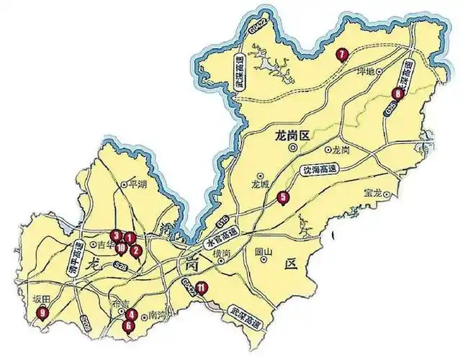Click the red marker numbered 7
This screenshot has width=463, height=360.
(x=342, y=52)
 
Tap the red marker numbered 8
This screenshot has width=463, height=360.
(x=397, y=94)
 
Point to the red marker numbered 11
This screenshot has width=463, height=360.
(x=202, y=289)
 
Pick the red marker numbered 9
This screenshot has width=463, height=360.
(x=43, y=312)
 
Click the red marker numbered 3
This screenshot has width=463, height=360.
(x=115, y=234)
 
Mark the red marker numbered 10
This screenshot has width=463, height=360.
(x=121, y=248)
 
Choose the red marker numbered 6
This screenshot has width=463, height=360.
(x=129, y=325)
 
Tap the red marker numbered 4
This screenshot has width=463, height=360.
(x=132, y=314)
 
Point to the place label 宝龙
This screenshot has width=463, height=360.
(x=373, y=192)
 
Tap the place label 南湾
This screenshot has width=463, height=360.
(x=156, y=316)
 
